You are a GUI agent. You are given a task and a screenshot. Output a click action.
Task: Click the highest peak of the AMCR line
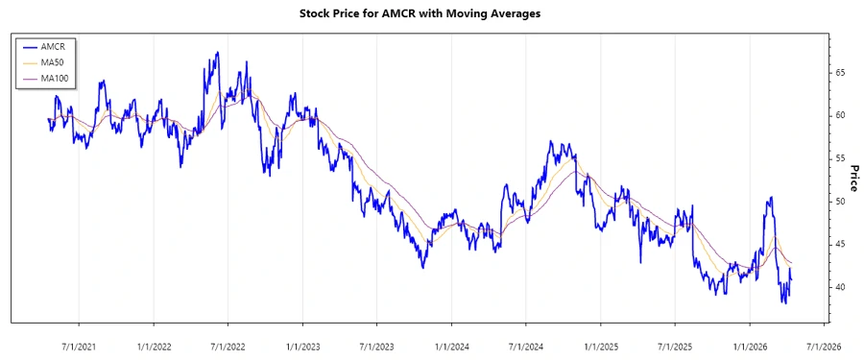218,53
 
